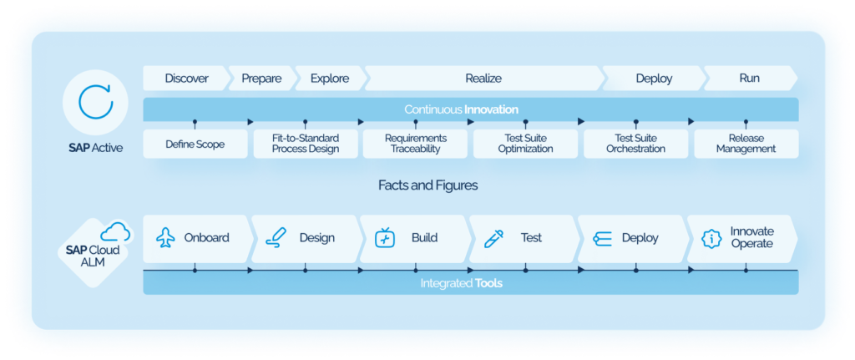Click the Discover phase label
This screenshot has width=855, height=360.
[186, 79]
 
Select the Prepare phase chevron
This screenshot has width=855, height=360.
[261, 79]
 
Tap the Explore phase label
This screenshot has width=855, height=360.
[329, 79]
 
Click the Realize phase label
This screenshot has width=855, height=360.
[483, 79]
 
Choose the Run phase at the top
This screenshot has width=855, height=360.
[749, 79]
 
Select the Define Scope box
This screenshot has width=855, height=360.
[195, 144]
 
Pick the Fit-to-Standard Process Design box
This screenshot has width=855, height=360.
[306, 144]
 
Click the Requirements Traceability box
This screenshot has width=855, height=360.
[415, 144]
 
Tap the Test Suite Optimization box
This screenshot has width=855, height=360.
[525, 144]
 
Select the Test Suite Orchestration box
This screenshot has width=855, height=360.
[635, 144]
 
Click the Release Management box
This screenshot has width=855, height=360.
[746, 144]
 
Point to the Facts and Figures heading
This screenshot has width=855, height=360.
[427, 185]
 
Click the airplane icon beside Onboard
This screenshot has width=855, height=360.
[165, 238]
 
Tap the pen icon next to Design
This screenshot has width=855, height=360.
[275, 238]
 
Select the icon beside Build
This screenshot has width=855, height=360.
[384, 238]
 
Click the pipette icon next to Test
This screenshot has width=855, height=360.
[493, 238]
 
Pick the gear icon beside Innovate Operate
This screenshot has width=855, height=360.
[711, 238]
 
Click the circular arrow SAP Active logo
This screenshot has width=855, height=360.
[94, 101]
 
